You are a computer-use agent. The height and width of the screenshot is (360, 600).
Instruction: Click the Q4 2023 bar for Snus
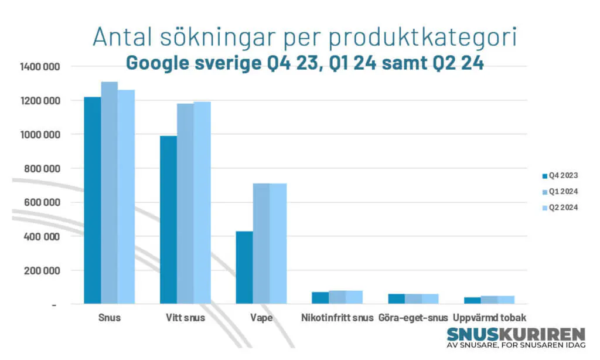92,201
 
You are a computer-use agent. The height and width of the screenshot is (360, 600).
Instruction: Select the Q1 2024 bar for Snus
109,193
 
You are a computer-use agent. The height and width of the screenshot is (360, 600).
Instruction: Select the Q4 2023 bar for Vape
244,267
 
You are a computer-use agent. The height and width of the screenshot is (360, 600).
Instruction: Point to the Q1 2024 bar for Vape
261,243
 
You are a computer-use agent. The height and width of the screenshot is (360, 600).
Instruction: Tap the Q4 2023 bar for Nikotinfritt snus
320,298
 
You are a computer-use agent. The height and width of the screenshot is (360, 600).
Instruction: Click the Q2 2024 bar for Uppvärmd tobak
506,300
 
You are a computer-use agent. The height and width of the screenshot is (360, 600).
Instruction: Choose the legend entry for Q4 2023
560,175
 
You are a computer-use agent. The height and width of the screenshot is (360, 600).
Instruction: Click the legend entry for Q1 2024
560,192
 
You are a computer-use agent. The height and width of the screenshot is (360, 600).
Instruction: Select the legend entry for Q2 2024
560,208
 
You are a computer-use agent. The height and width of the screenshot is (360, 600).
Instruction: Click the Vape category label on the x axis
261,318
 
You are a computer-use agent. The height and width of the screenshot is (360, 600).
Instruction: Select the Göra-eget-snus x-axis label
413,318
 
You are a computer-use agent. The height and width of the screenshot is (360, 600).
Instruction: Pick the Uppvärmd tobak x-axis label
489,318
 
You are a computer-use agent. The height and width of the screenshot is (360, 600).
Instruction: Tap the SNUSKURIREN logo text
516,334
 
